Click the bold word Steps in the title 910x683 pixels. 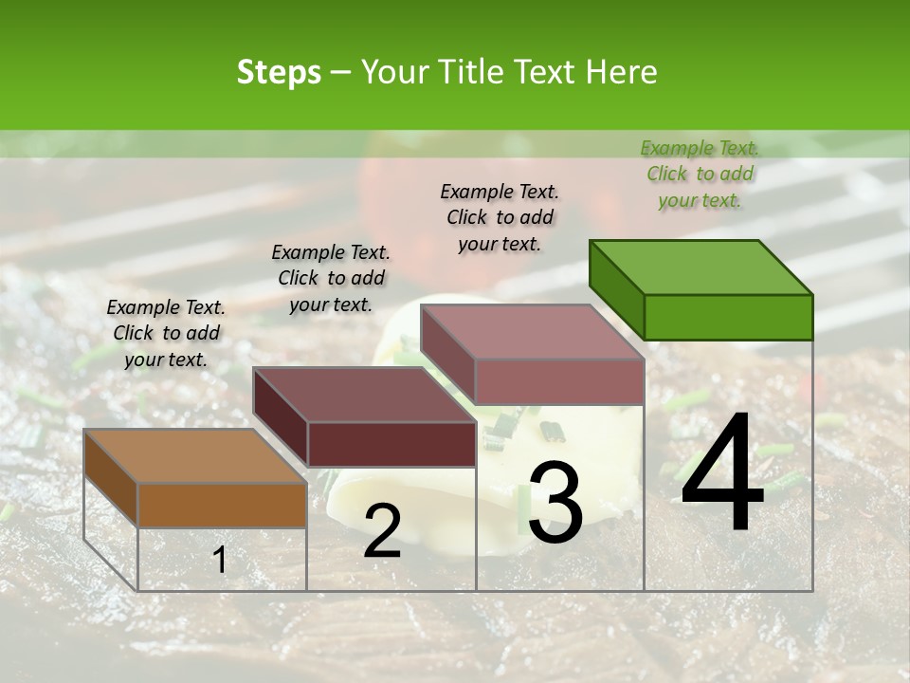click(x=279, y=72)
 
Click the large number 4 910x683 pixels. click(x=722, y=473)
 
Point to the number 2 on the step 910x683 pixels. click(x=382, y=531)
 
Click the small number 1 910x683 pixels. click(x=220, y=561)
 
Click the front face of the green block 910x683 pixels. click(x=728, y=317)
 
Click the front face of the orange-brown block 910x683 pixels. click(x=222, y=505)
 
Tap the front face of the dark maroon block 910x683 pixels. click(x=391, y=444)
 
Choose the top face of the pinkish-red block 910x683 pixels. click(x=532, y=331)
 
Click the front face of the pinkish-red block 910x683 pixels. click(x=559, y=381)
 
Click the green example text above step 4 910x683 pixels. click(x=700, y=174)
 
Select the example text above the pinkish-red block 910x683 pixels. click(x=500, y=217)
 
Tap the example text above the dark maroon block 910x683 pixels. click(x=331, y=278)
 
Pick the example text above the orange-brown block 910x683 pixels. click(x=166, y=333)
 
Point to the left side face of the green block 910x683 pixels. click(x=616, y=289)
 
